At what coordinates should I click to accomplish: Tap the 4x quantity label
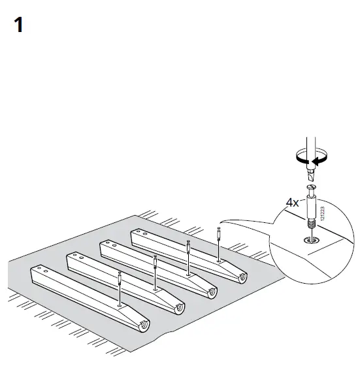tap(293, 203)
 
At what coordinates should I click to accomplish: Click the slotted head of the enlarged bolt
tap(310, 191)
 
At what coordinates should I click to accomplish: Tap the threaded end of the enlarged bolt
tap(312, 224)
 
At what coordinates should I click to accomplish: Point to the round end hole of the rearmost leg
tap(243, 277)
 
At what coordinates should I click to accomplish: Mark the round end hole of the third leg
tap(211, 292)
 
